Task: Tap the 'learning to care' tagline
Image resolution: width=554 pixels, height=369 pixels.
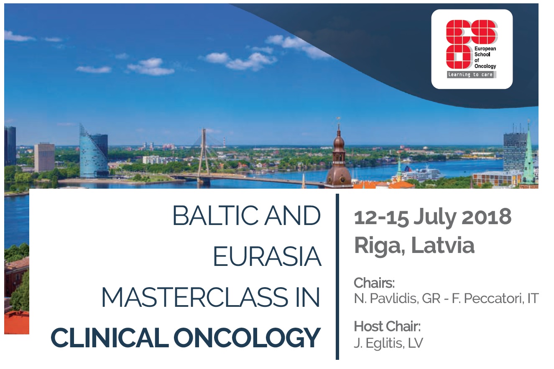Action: pyautogui.click(x=470, y=75)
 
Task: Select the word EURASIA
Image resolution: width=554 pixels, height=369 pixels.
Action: pyautogui.click(x=267, y=256)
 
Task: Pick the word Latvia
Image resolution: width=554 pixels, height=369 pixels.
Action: pyautogui.click(x=443, y=245)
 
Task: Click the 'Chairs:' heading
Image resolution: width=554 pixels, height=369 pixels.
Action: pyautogui.click(x=374, y=283)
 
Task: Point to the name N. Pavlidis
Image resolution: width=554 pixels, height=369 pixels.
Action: pyautogui.click(x=386, y=299)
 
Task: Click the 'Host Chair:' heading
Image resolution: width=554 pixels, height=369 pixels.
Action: pyautogui.click(x=387, y=326)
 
